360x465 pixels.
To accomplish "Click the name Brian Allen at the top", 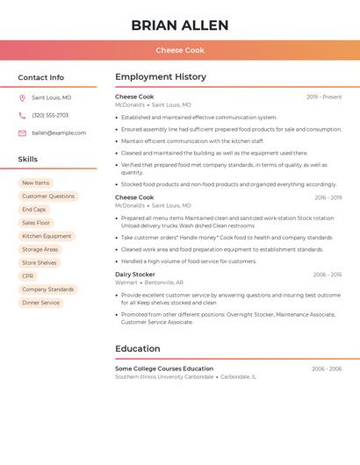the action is tap(179, 25).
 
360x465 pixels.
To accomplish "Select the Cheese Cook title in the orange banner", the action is tap(179, 50).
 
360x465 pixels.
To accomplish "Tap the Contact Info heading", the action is tap(40, 77).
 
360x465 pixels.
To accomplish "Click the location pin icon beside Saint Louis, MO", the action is tap(22, 98).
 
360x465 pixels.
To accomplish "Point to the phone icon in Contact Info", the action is tap(22, 116).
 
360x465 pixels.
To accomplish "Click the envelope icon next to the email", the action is tap(22, 133).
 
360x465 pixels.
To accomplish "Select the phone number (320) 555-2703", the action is tap(50, 116).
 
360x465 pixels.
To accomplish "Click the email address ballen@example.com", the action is tap(59, 133).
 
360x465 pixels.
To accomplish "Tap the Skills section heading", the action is tap(27, 160).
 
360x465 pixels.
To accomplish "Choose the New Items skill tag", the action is tap(36, 182).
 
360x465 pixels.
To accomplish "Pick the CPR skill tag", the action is tap(28, 275).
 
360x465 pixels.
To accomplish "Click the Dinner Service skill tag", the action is tap(41, 303).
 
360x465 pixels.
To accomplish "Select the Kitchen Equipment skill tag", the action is tap(47, 236).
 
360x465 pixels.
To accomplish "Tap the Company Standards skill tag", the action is tap(48, 290).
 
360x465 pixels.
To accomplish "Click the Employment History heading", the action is tap(161, 77).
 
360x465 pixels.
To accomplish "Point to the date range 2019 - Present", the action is tap(324, 97).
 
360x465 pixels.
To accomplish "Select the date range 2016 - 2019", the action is tap(328, 197).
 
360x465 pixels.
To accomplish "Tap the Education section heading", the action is tap(137, 348).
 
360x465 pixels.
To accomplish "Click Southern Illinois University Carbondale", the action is tap(164, 376).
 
